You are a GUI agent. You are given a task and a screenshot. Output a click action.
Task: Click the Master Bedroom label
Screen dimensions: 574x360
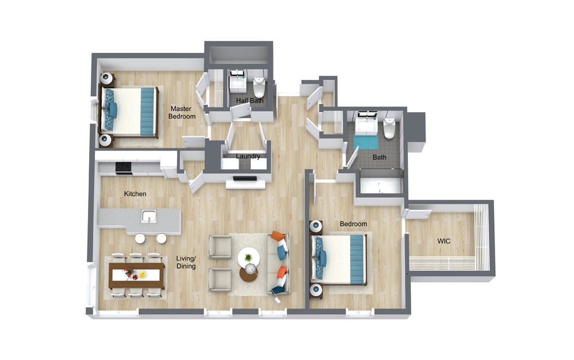point(182,112)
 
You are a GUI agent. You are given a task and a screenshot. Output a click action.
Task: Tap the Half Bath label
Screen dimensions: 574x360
point(249,100)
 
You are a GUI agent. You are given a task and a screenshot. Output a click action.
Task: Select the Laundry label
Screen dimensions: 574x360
point(248,156)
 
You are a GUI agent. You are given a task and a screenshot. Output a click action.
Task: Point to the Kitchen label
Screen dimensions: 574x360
point(135,194)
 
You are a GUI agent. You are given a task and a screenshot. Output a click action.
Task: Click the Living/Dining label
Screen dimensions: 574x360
point(186,262)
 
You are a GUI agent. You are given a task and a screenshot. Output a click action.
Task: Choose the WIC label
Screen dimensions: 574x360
point(443,241)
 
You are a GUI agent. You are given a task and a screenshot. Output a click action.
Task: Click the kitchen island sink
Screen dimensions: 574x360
point(149,216)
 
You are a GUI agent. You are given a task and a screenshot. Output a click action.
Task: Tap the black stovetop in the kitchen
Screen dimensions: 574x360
point(123,167)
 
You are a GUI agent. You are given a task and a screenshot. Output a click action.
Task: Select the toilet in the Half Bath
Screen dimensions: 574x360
point(259,87)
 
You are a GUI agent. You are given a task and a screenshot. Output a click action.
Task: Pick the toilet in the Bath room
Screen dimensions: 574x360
point(389,128)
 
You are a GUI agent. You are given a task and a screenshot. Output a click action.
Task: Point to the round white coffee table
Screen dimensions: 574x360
point(248,258)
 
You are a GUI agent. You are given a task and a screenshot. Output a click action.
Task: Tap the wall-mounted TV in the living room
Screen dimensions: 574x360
point(245,178)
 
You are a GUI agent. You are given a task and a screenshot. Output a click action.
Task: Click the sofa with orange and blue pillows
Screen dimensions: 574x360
point(279,263)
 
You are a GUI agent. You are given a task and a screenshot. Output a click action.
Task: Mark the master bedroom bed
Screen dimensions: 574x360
point(128,111)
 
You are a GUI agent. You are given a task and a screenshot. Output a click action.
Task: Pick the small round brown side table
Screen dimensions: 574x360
point(249,274)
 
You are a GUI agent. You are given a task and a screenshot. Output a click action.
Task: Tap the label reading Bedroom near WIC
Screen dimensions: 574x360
point(353,224)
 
